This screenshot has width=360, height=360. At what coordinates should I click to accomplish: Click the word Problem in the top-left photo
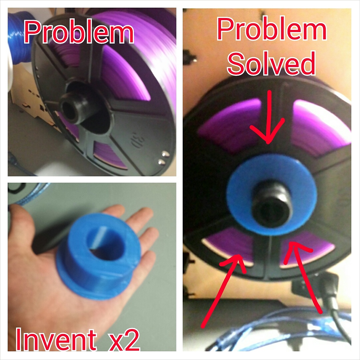pos(79,32)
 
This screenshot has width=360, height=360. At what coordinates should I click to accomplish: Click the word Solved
pos(271,63)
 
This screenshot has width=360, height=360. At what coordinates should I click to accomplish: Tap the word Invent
pos(56,339)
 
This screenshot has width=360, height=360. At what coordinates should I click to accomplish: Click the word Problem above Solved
pos(272,29)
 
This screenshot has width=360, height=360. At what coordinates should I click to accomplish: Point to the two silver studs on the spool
pos(164,158)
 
